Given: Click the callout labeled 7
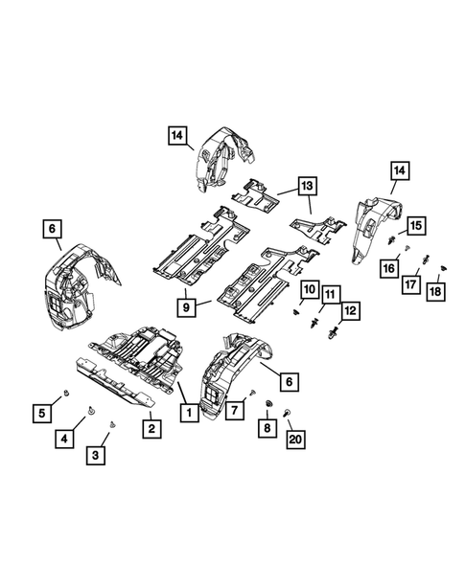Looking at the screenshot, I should click(230, 411).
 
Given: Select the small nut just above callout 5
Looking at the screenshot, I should click(63, 393).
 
